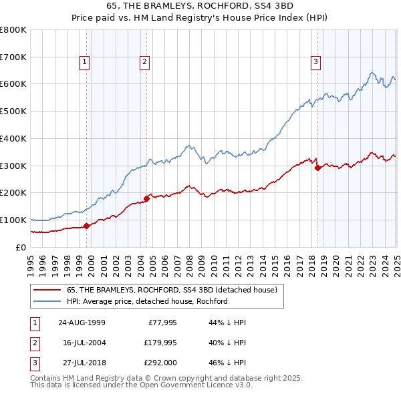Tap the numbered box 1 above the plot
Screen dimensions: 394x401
[86, 63]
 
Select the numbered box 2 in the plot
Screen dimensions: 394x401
[144, 63]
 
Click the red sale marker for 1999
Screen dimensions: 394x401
[86, 226]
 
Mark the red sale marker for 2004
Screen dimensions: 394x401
[146, 198]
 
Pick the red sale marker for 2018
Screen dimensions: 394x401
[317, 168]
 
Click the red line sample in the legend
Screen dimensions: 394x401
[47, 290]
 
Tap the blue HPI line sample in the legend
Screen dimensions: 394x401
[47, 301]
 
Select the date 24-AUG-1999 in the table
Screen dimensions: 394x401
[82, 322]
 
